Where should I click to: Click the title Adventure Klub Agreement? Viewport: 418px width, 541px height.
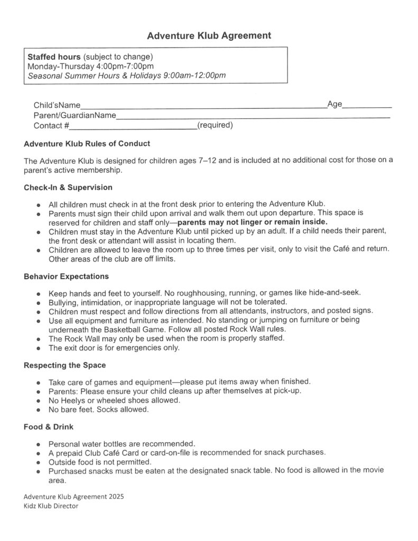tap(209, 36)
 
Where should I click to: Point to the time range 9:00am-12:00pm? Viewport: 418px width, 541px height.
tap(195, 76)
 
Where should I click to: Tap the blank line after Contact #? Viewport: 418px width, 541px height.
tap(132, 127)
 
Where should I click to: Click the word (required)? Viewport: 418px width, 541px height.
tap(215, 126)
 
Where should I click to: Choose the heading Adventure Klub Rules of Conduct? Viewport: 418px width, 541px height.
tap(87, 144)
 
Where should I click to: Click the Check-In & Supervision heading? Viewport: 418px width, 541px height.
tap(68, 188)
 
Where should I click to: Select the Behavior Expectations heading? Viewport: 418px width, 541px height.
tap(67, 276)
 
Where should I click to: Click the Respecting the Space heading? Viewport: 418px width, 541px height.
tap(65, 365)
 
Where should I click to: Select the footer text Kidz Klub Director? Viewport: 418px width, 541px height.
tap(51, 506)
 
